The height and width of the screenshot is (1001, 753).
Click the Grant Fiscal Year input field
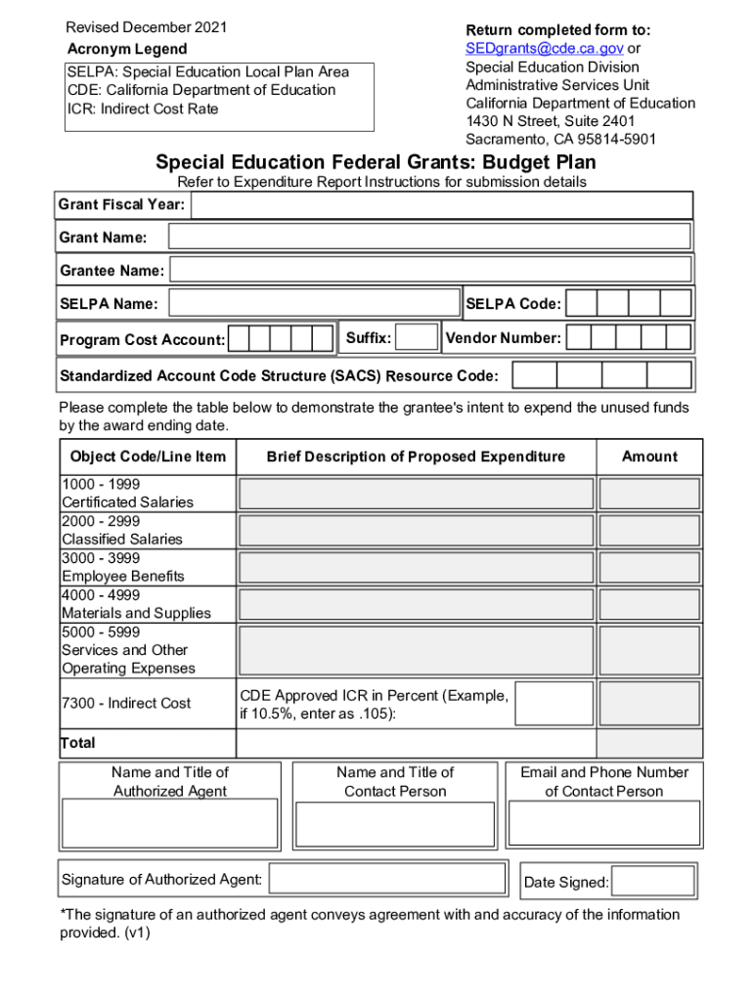click(x=441, y=205)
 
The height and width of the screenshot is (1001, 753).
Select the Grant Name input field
click(x=429, y=237)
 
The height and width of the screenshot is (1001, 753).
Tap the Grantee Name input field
click(x=431, y=270)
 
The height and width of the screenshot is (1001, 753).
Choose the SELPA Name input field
click(x=314, y=303)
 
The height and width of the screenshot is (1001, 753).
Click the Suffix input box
click(x=418, y=338)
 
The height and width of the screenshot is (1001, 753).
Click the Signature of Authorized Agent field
click(x=392, y=879)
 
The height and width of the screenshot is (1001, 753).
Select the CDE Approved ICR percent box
click(x=554, y=703)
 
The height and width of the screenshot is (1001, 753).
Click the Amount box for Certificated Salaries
click(x=649, y=493)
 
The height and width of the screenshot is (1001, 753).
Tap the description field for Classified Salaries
click(x=416, y=530)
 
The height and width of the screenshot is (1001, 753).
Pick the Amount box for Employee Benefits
click(x=649, y=567)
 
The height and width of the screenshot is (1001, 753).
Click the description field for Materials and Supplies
click(x=416, y=604)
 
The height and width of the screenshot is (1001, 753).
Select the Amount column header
click(x=649, y=457)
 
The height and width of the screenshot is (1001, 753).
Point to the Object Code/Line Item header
click(x=148, y=457)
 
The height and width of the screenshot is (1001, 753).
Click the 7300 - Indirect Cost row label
click(x=126, y=703)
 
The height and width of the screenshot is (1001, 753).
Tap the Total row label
click(x=78, y=743)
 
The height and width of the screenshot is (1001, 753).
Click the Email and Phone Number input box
click(x=604, y=822)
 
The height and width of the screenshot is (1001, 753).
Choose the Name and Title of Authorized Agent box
click(x=170, y=822)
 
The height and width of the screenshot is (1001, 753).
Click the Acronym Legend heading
click(x=127, y=49)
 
